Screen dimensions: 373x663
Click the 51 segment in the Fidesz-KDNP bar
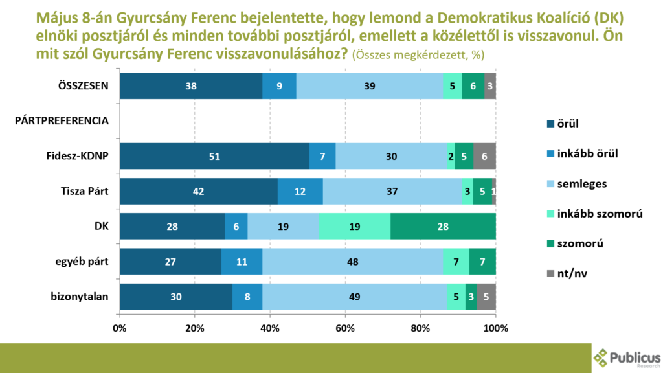pos(214,156)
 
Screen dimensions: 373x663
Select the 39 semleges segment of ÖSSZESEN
pos(370,86)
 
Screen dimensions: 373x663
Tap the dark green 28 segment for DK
pos(443,226)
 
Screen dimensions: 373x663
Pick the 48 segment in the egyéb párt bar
pos(353,261)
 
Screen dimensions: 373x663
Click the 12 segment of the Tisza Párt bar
pos(300,191)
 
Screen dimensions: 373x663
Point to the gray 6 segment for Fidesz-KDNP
pos(484,156)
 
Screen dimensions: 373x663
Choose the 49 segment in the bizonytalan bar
pos(354,296)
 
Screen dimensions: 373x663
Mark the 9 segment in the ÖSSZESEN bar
pos(279,86)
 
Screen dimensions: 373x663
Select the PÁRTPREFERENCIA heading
pos(62,120)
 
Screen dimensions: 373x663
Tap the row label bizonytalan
pos(80,296)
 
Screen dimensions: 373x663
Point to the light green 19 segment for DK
pos(354,226)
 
